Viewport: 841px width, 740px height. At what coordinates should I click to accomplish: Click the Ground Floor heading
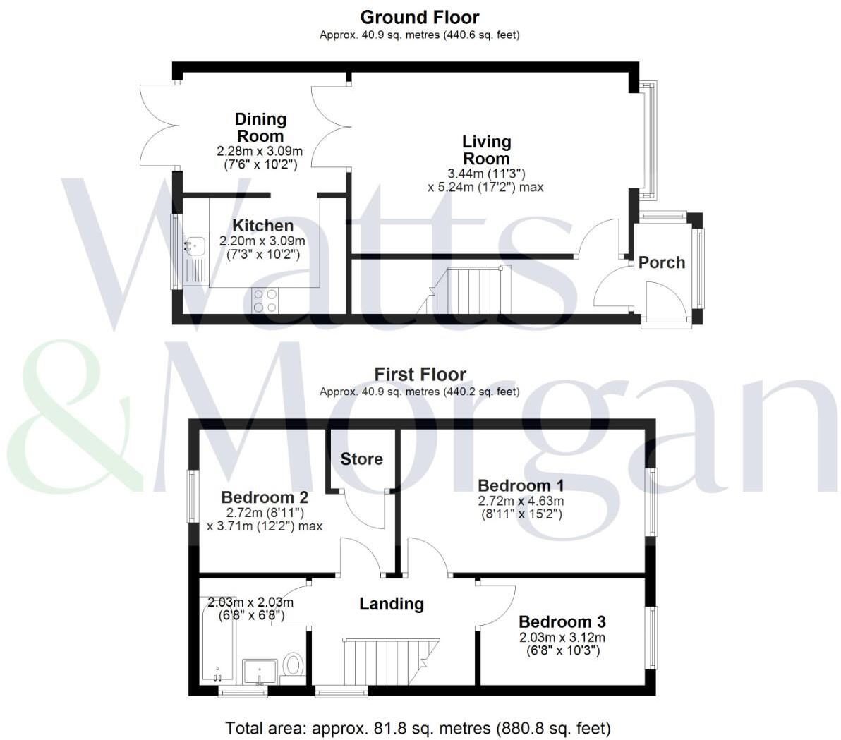point(419,17)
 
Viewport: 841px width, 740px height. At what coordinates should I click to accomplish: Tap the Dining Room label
point(260,128)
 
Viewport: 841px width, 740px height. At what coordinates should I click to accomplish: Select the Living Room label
point(486,150)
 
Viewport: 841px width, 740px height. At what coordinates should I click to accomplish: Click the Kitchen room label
point(262,226)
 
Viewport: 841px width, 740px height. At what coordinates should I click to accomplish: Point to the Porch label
point(661,262)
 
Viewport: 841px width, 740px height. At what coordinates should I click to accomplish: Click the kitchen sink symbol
point(193,245)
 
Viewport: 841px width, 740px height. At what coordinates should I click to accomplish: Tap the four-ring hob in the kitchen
point(265,301)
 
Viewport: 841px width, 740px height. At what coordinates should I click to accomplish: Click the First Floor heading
point(420,374)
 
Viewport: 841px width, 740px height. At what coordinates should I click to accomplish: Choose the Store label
point(361,459)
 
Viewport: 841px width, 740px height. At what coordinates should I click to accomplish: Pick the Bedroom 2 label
point(265,497)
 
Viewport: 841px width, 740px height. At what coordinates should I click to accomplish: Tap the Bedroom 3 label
point(562,621)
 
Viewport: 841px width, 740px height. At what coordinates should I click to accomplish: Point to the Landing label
point(391,604)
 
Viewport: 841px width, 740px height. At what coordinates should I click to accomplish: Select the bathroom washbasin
point(261,672)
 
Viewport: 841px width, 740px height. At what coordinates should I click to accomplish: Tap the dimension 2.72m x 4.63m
point(521,501)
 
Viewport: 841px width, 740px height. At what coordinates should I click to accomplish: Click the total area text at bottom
point(418,727)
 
